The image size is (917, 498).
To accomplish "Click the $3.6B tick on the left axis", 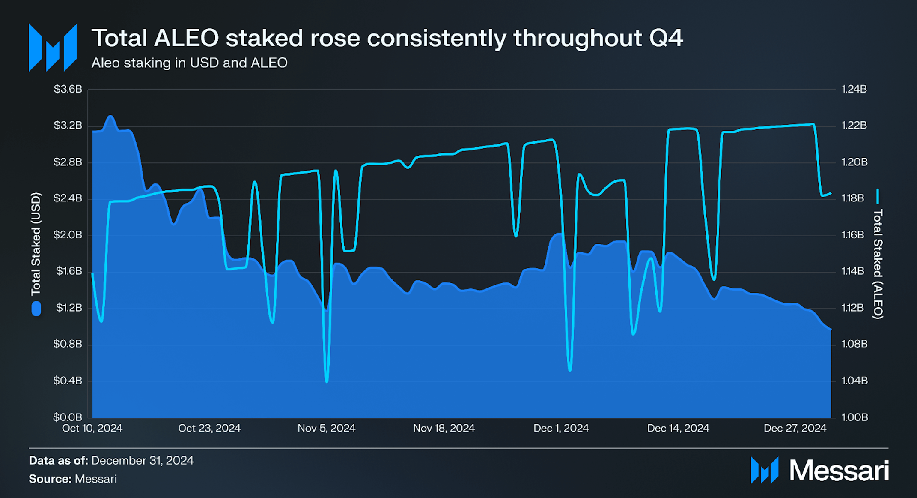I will [x=68, y=89].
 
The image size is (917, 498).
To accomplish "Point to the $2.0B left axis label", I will [x=68, y=235].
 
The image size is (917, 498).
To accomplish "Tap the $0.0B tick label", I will [x=68, y=417].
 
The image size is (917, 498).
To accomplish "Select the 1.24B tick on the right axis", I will [x=854, y=89].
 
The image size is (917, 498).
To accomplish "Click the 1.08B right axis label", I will [x=854, y=344].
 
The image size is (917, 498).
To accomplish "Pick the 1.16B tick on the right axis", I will [x=854, y=235].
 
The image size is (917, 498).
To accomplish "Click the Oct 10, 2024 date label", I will [x=92, y=428].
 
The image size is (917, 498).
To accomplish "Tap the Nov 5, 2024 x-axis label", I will [x=326, y=428].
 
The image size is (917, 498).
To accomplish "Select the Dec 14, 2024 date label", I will [x=678, y=428].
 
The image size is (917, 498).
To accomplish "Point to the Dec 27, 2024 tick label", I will [x=795, y=428].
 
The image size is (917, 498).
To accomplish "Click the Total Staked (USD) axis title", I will [x=36, y=244].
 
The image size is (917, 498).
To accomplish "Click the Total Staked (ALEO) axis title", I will [x=878, y=264].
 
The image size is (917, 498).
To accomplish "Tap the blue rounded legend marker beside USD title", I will [x=36, y=309].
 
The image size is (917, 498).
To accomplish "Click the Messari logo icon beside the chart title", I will [x=53, y=48].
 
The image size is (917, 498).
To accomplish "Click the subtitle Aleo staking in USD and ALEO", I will [x=189, y=63].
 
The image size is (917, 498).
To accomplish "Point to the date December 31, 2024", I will [x=143, y=460].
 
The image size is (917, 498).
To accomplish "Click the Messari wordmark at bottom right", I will [x=839, y=471].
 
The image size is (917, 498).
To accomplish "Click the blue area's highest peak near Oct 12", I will [x=111, y=116].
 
